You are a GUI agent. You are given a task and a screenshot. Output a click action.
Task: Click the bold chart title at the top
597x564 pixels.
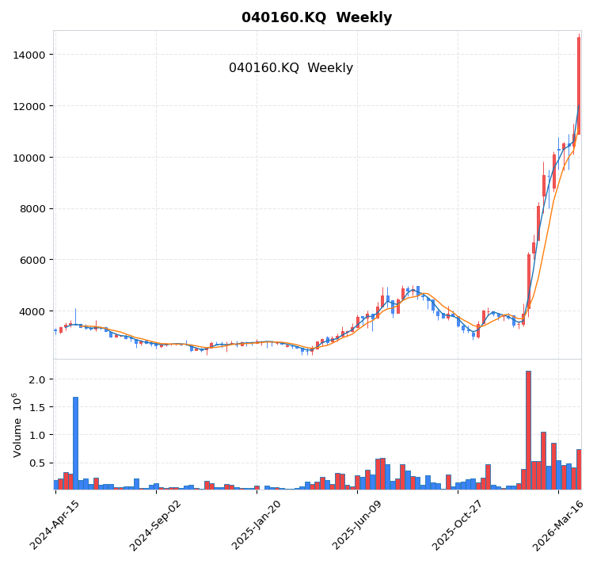317,17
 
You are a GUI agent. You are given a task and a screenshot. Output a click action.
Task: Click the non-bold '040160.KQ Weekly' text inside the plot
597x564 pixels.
291,68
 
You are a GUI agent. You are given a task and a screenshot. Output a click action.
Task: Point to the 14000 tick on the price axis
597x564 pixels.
29,55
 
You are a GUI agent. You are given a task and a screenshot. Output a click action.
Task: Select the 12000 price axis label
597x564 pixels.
29,106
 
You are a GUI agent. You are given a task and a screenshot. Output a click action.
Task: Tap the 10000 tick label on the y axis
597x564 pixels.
29,158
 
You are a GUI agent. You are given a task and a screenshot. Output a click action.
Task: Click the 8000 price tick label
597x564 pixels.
32,209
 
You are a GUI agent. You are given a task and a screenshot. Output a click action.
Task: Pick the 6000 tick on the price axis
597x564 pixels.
32,260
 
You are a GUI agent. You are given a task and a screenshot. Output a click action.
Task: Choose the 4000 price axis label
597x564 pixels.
32,311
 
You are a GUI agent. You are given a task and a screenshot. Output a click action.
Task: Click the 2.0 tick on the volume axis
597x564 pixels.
38,379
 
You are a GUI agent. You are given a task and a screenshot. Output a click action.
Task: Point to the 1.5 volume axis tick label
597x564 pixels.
38,407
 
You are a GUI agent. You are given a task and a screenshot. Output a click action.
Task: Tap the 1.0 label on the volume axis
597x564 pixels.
38,435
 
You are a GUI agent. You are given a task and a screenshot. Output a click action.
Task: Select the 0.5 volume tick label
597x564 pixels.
38,463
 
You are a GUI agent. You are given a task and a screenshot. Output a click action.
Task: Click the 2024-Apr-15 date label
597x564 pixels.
55,525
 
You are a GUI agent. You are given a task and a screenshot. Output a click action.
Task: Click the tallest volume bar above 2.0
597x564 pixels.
528,429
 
